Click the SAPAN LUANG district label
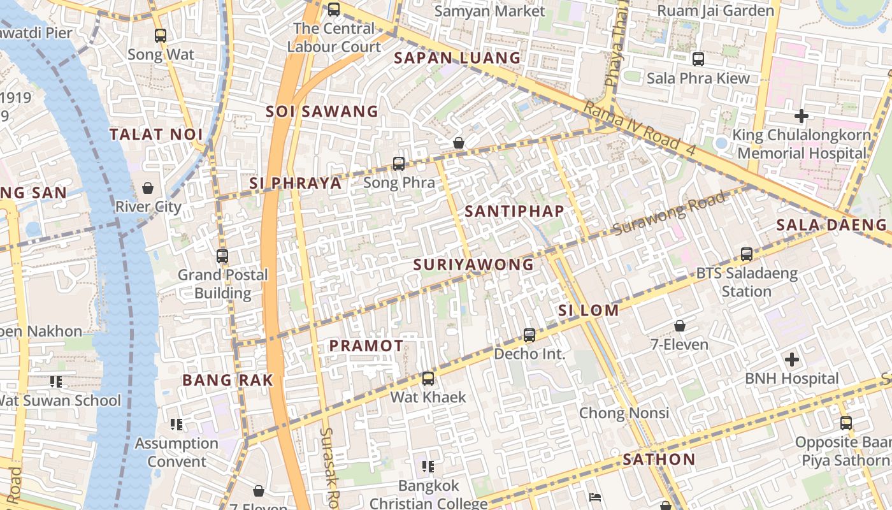click(457, 58)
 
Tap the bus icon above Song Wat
click(161, 36)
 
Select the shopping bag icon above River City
click(148, 188)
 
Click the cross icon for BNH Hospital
click(791, 360)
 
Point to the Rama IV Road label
click(631, 124)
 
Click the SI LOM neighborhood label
click(588, 310)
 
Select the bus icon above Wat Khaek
click(428, 379)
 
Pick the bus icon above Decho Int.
click(529, 335)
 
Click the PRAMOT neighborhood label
click(366, 346)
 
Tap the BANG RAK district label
click(227, 380)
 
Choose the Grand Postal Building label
click(222, 284)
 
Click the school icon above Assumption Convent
click(176, 425)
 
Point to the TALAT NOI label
click(156, 135)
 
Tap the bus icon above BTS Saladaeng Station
click(747, 254)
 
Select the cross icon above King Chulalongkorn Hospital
click(802, 116)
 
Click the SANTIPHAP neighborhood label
click(514, 211)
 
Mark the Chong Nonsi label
click(624, 413)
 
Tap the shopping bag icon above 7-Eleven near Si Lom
click(680, 326)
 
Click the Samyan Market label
click(489, 11)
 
